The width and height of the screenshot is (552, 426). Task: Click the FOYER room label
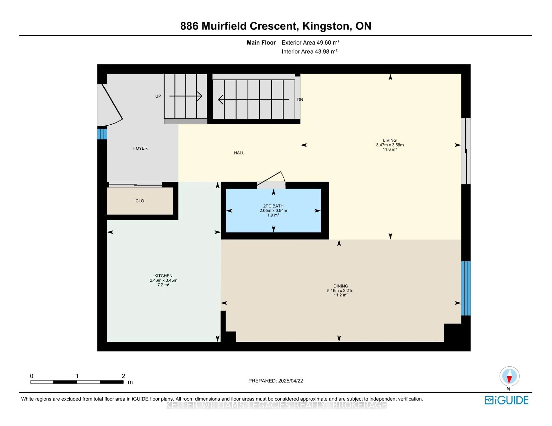click(140, 148)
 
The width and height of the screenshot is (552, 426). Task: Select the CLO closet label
click(140, 201)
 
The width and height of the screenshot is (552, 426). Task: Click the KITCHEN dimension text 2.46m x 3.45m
click(163, 280)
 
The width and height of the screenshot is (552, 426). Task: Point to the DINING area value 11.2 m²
click(341, 295)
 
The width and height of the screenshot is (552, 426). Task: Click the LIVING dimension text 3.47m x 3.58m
click(390, 145)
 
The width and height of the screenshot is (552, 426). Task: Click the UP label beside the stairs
click(158, 96)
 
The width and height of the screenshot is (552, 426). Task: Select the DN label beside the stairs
click(300, 100)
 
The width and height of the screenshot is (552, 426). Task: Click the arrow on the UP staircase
click(186, 96)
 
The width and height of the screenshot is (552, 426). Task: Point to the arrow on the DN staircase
click(254, 100)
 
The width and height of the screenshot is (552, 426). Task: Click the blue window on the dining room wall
click(466, 288)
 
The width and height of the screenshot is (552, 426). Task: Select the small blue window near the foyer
click(102, 134)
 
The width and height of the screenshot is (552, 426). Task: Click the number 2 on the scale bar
click(123, 376)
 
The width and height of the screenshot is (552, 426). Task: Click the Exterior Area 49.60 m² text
click(310, 43)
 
